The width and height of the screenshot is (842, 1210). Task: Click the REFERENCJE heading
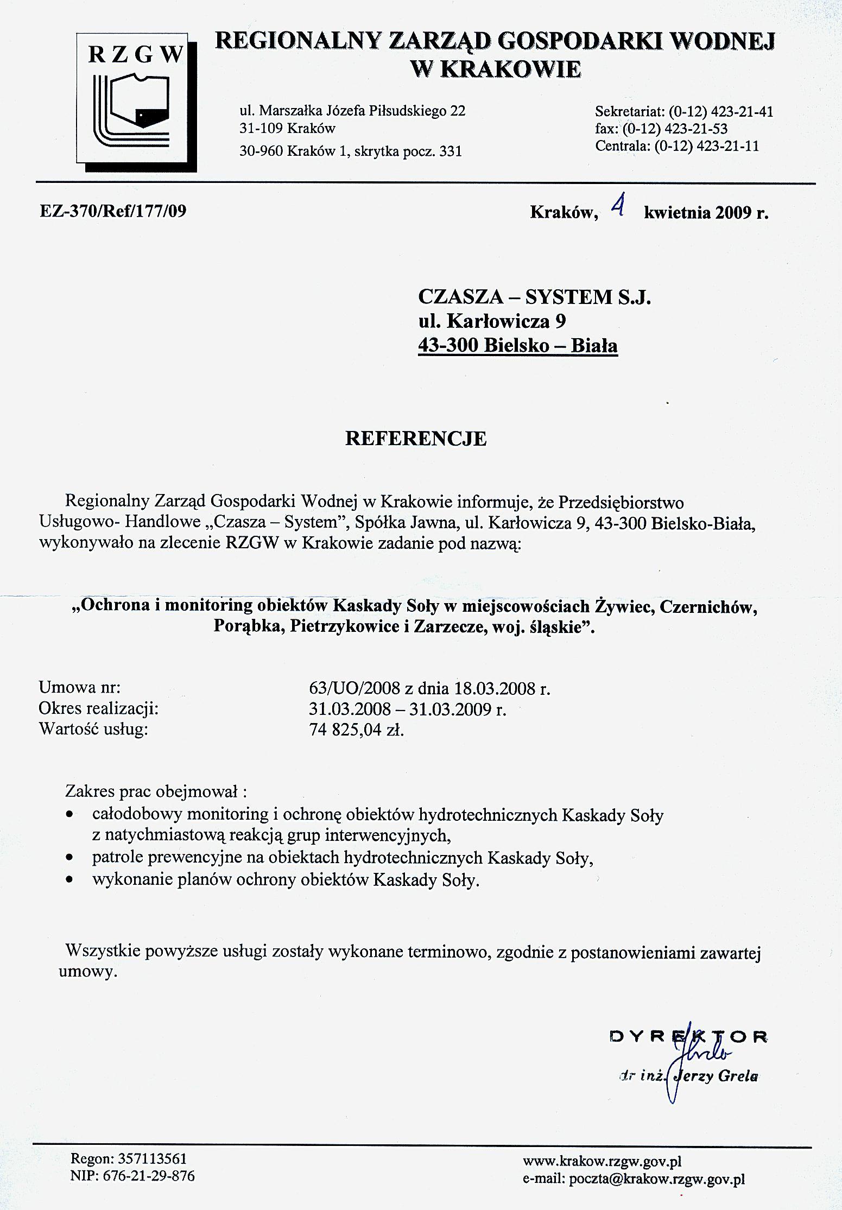click(416, 439)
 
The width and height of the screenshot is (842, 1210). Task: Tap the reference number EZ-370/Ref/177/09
click(113, 211)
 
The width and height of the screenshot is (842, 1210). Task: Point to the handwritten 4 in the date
click(617, 207)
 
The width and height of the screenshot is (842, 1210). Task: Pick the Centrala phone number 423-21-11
click(727, 146)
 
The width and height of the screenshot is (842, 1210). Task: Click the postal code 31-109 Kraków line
click(287, 129)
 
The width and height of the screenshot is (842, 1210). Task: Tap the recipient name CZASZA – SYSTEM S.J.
click(534, 297)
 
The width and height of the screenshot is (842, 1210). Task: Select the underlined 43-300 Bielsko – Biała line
click(517, 345)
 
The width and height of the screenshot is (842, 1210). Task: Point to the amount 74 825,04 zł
click(356, 730)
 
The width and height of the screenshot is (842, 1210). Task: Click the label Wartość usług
click(93, 729)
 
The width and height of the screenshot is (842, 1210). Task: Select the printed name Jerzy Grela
click(714, 1077)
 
